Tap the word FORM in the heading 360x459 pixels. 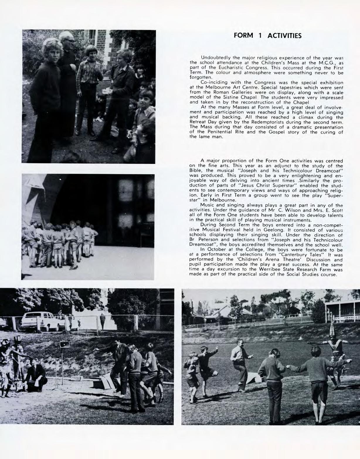coord(243,36)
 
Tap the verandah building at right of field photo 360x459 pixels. coord(342,310)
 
